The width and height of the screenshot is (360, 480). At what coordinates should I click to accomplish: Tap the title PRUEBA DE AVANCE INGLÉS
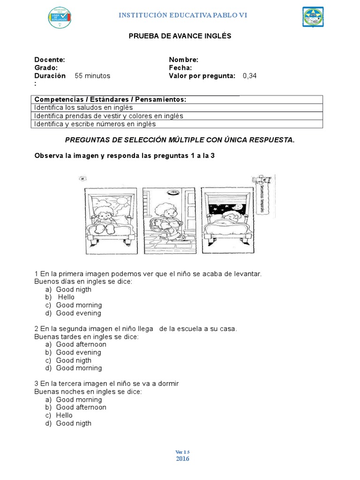coord(180,36)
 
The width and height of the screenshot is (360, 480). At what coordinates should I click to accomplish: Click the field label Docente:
coord(50,60)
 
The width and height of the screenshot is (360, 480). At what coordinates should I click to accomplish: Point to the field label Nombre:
coord(183,60)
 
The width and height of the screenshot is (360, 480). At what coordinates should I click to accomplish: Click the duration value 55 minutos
coord(93,75)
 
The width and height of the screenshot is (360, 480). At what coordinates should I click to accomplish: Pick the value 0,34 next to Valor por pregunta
coord(250,75)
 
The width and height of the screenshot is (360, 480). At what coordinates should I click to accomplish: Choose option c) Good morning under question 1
coord(78,305)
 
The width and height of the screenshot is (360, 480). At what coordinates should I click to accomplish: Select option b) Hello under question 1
coord(66,297)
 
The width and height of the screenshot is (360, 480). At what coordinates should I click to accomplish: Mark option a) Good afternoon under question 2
coord(81,344)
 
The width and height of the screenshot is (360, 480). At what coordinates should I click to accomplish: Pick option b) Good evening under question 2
coord(78,352)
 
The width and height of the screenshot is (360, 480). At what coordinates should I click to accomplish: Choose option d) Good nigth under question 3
coord(74,423)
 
